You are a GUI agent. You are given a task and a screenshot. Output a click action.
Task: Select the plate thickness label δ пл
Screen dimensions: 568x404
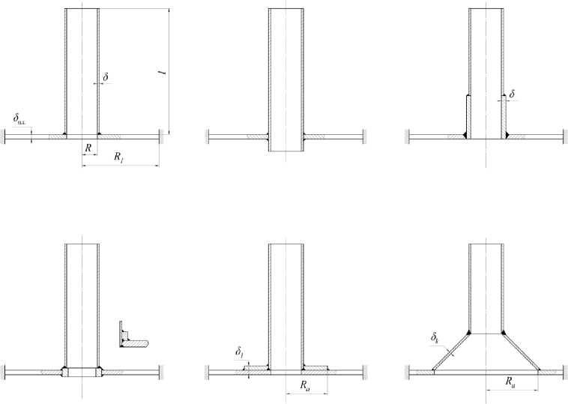[x=19, y=118]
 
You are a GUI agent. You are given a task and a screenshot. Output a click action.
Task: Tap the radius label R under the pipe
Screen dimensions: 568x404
[x=89, y=148]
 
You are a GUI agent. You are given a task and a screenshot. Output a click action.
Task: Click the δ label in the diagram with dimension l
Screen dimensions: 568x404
[x=106, y=76]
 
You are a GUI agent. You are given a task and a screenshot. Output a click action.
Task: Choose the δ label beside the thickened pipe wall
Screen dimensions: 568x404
[x=513, y=94]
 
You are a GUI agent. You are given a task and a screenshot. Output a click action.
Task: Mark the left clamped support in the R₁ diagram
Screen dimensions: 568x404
[x=5, y=136]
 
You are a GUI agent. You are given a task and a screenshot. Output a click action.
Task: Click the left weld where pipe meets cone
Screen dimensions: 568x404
[x=468, y=332]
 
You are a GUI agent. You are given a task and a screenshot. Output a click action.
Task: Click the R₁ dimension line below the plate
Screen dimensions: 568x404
[x=120, y=164]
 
